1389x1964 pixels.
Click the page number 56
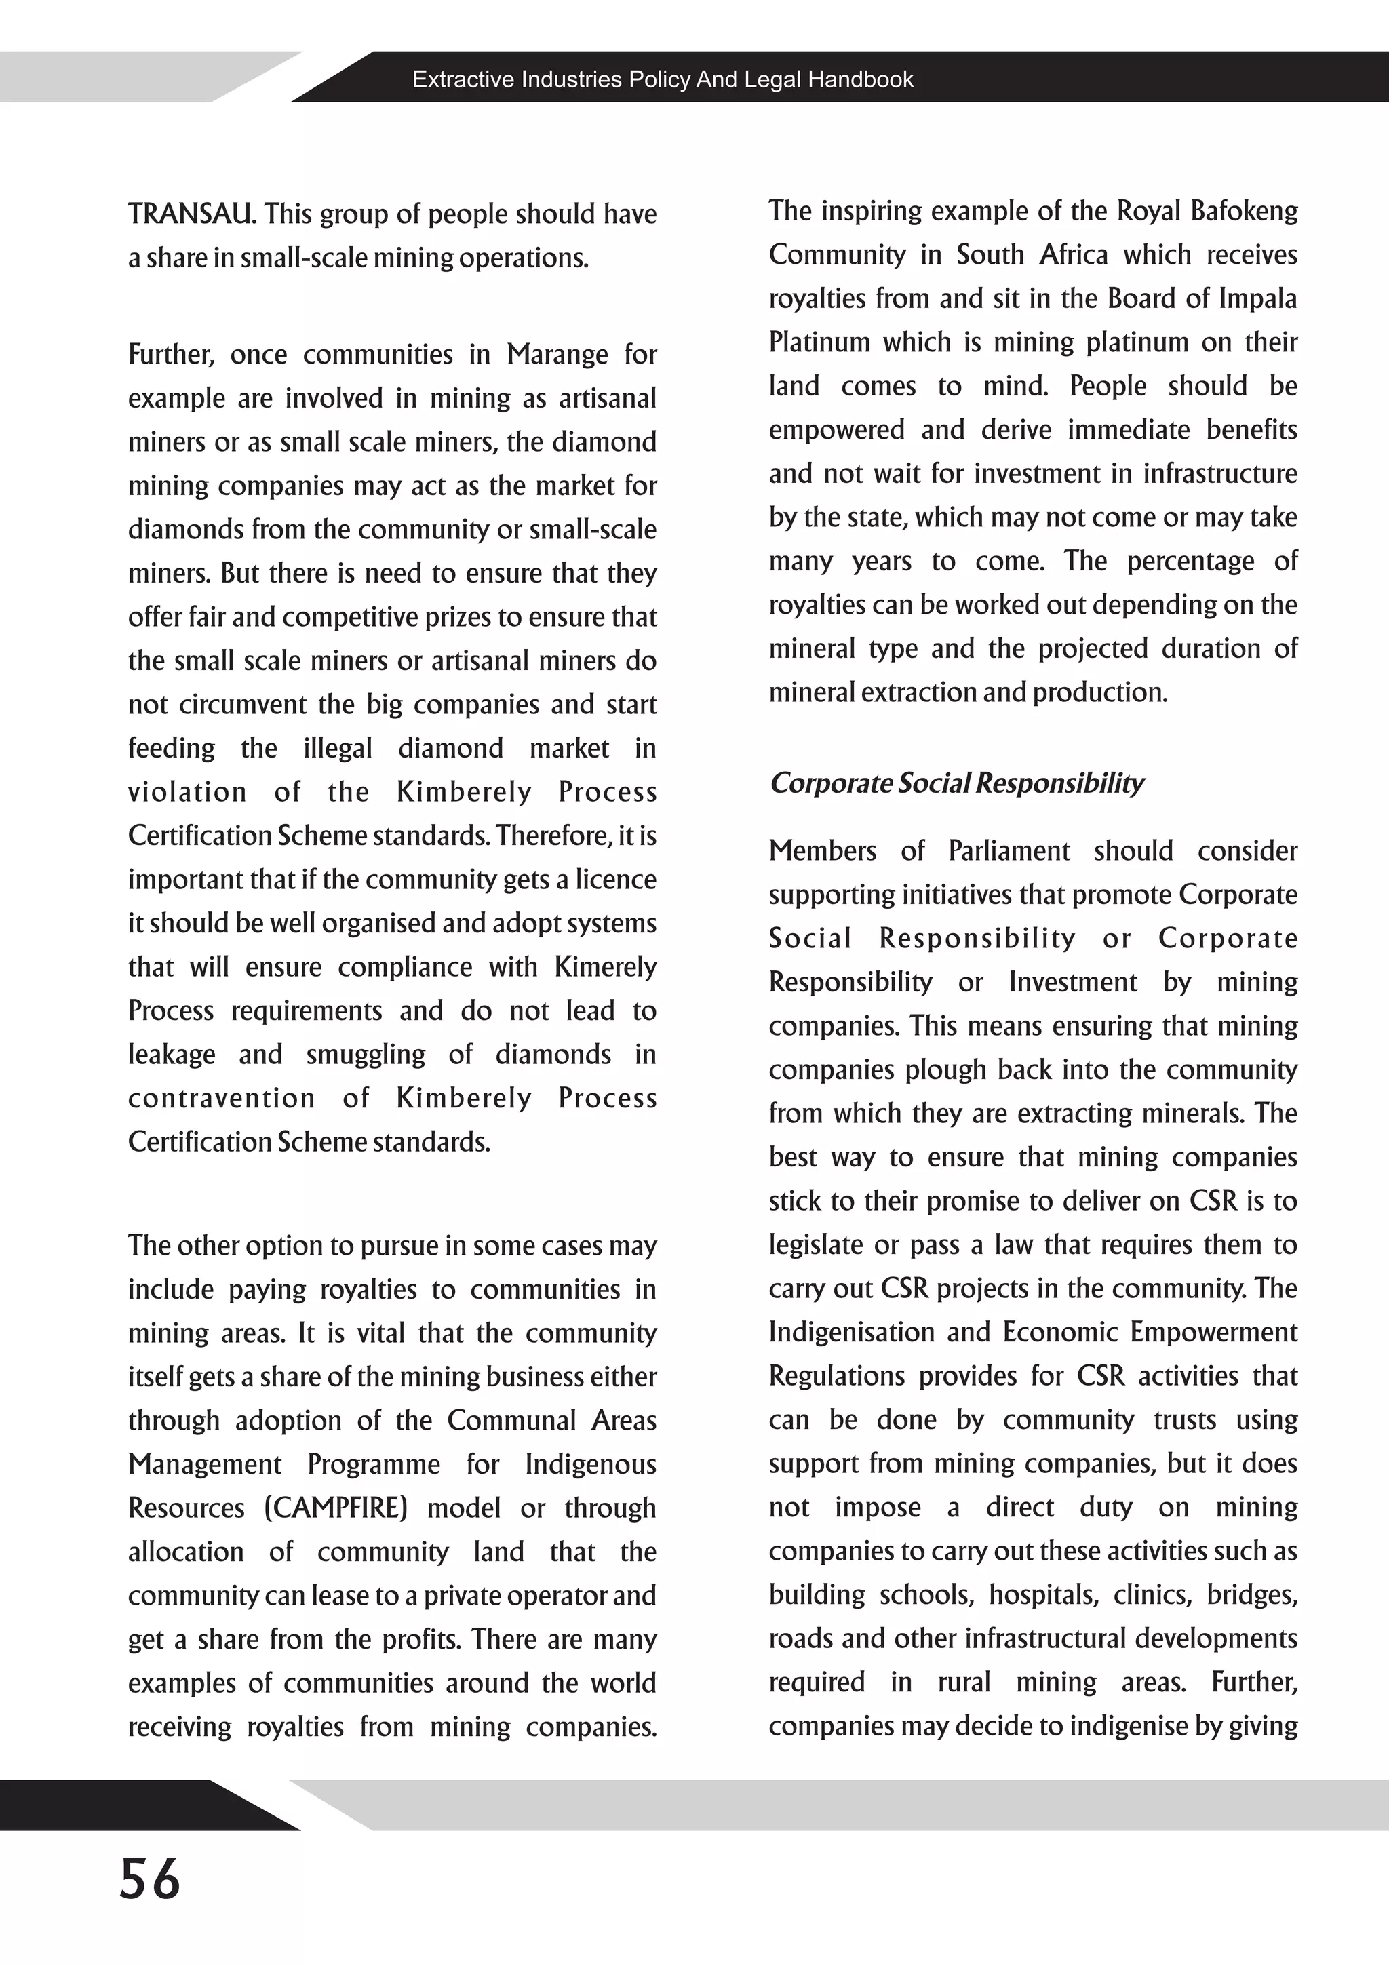pyautogui.click(x=150, y=1878)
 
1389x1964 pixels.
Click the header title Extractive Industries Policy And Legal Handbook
pyautogui.click(x=663, y=79)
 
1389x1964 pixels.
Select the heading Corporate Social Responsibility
pyautogui.click(x=956, y=783)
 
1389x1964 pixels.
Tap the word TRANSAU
pyautogui.click(x=191, y=214)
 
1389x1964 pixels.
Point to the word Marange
pyautogui.click(x=557, y=354)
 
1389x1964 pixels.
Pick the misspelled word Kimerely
pyautogui.click(x=606, y=966)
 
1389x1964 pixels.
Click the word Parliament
pyautogui.click(x=1009, y=850)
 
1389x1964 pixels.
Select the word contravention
pyautogui.click(x=222, y=1099)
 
